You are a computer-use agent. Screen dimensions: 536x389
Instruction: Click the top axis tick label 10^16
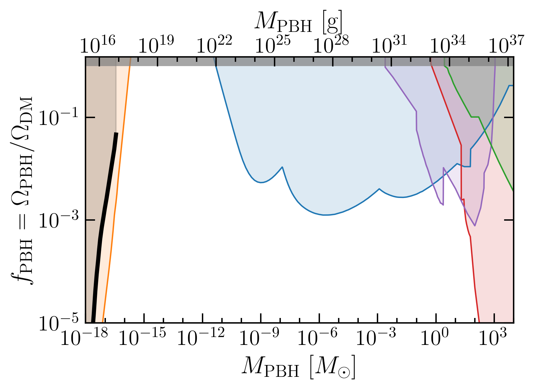coord(98,45)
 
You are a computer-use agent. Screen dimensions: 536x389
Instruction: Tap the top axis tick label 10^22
coord(214,45)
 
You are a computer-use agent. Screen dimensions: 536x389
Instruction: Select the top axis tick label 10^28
coord(331,45)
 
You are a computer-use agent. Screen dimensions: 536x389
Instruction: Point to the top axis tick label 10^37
coord(506,45)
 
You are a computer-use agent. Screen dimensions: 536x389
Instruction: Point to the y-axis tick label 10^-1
coord(59,117)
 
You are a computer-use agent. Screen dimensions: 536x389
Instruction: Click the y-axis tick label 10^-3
coord(59,220)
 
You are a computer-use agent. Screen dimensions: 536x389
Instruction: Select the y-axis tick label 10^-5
coord(59,322)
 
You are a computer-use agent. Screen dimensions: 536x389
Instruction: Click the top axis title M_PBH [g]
coord(299,22)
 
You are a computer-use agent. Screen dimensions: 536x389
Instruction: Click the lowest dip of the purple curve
coord(475,226)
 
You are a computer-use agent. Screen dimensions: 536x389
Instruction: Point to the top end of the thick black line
coord(116,133)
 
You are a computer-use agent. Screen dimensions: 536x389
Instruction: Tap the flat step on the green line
coord(475,117)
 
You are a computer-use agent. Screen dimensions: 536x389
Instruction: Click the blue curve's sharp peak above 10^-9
coord(282,167)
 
